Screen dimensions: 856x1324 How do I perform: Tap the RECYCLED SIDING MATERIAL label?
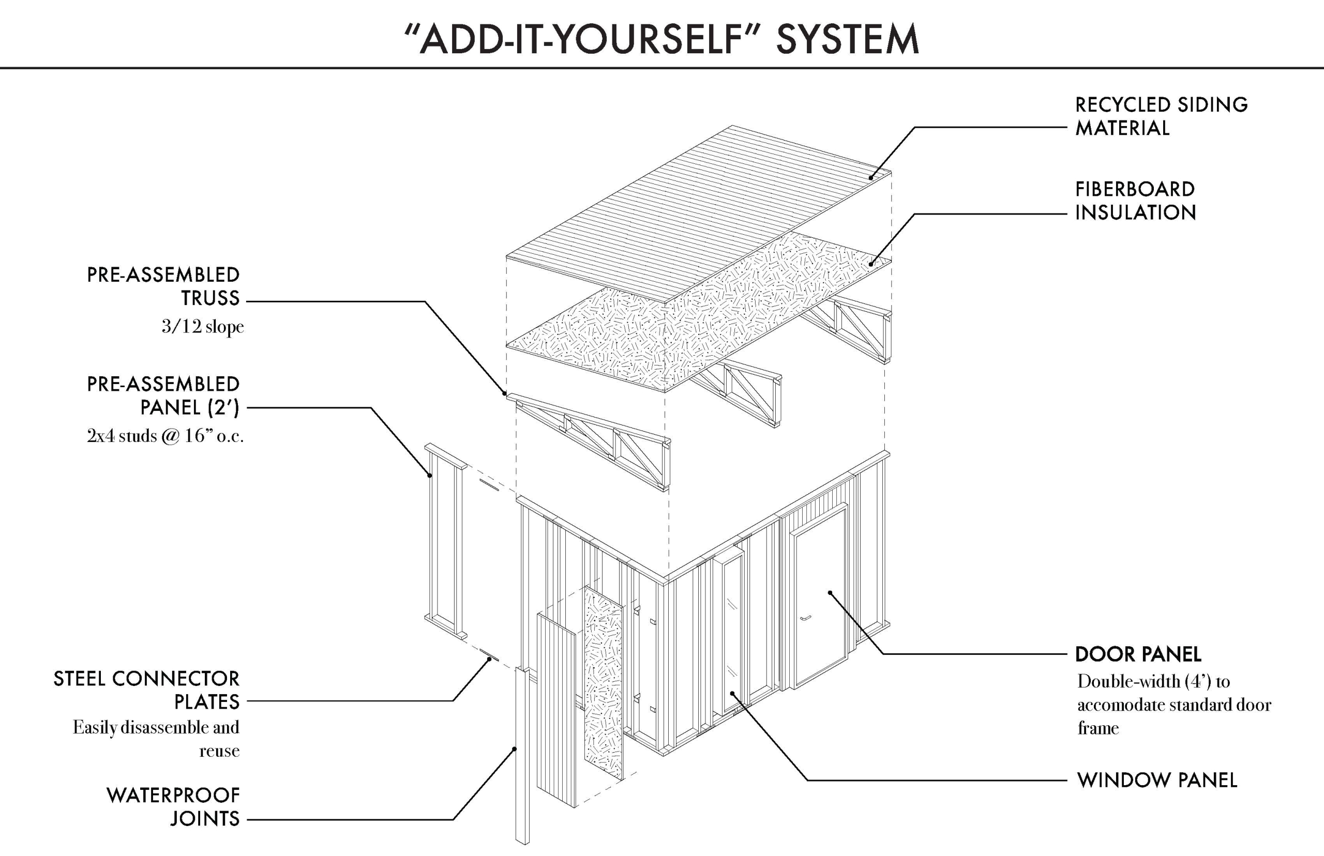1161,116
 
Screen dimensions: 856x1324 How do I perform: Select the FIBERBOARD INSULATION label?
1135,201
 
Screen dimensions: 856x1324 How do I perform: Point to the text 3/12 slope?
202,326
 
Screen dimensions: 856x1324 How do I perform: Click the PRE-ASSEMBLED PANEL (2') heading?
163,396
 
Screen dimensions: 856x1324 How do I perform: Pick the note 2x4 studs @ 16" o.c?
165,436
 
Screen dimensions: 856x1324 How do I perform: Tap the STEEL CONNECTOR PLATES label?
147,690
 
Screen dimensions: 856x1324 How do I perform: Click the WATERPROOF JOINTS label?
173,806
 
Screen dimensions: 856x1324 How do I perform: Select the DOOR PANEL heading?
1138,654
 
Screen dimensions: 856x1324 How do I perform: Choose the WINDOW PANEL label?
1156,781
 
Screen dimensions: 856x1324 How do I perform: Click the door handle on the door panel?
805,618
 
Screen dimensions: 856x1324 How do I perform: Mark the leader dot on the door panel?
830,592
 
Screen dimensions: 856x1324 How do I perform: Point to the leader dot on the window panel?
733,693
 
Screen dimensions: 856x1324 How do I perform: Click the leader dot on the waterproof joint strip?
515,748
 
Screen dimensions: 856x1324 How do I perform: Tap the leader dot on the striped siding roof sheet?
871,178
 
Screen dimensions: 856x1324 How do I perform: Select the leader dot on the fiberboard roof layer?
871,264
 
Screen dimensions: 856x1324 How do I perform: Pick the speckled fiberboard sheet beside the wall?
604,684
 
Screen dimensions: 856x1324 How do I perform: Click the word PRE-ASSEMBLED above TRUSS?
163,275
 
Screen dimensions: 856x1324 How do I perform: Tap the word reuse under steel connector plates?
219,751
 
